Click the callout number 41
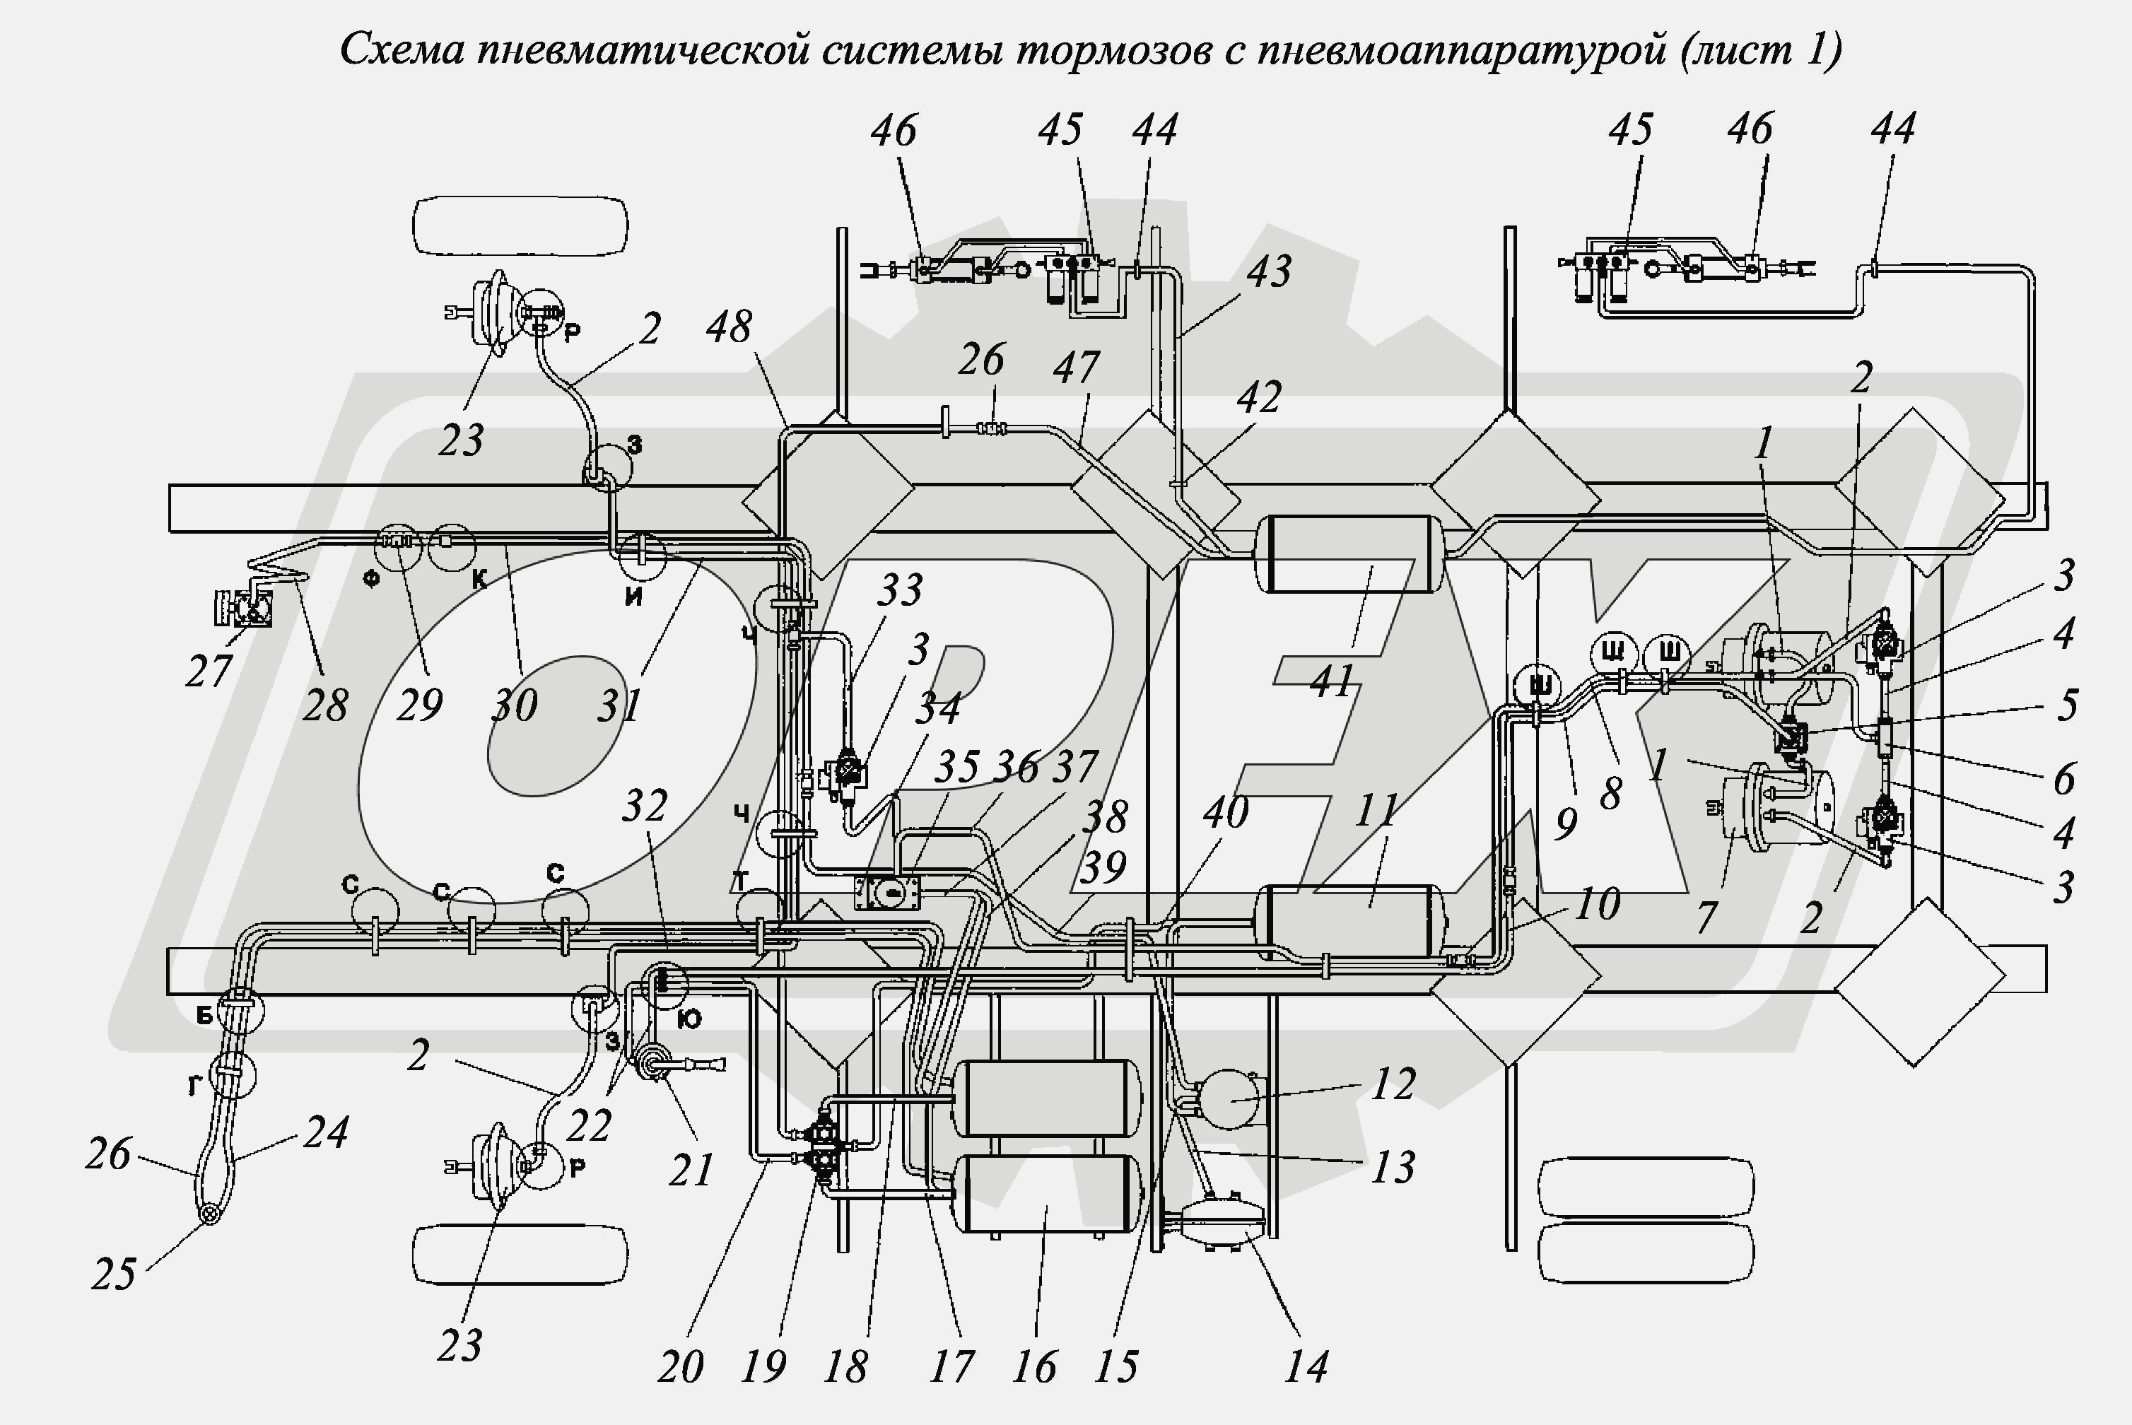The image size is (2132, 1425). coord(1332,681)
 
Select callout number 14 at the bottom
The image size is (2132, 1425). coord(1306,1366)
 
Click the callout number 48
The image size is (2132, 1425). coord(729,327)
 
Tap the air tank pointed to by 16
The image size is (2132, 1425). coord(1050,1192)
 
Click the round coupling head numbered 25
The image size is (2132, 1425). coord(210,1215)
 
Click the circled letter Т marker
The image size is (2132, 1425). coord(742,880)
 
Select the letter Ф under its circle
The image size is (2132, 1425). coord(371,580)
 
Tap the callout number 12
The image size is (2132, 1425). coord(1393,1084)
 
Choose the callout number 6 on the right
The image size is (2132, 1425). coord(2064,778)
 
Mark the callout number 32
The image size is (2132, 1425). coord(644,806)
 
